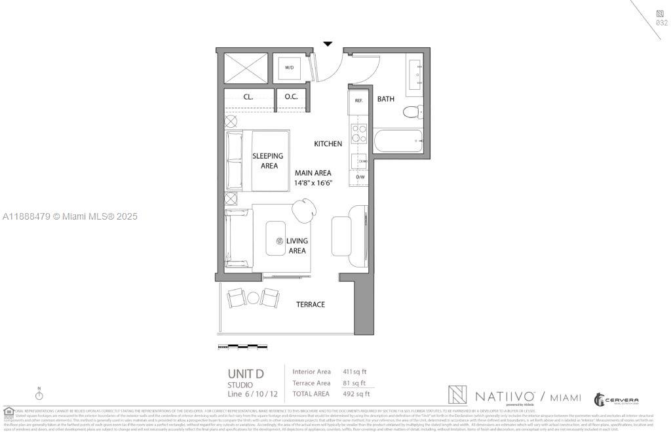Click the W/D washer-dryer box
tap(290, 68)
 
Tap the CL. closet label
tap(248, 96)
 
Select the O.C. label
tap(292, 96)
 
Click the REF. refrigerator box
tap(359, 101)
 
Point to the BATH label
tap(386, 100)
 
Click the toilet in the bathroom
tap(411, 111)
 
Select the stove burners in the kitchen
tap(359, 133)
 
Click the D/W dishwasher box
tap(360, 177)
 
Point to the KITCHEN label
tap(328, 144)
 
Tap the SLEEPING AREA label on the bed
tap(268, 161)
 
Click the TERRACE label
tap(311, 304)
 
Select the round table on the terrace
tap(253, 298)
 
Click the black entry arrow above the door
tap(328, 44)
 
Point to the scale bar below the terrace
tap(242, 345)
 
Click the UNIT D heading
tap(246, 374)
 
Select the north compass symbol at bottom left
tap(39, 395)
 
